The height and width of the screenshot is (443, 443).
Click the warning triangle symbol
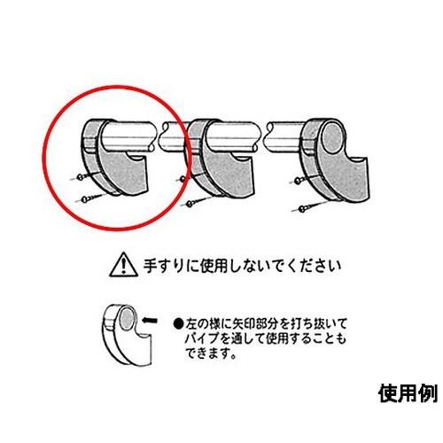coord(124,265)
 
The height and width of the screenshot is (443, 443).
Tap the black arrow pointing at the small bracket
coord(150,320)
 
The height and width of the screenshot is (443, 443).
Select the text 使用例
coord(408,393)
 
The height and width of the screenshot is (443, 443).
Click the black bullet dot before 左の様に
coord(177,324)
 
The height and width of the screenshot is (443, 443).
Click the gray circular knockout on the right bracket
coord(334,138)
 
